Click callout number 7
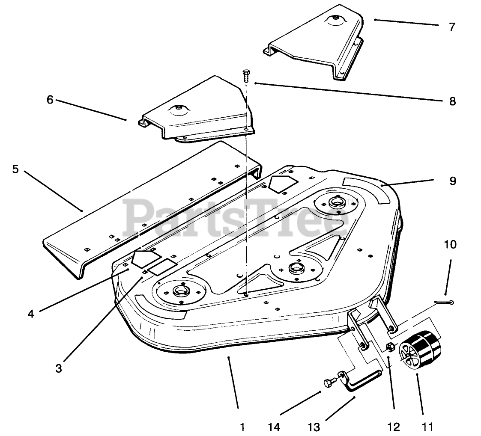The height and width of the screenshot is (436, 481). point(452,27)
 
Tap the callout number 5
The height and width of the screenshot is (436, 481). point(16,169)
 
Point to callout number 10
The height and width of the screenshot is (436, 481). point(450,245)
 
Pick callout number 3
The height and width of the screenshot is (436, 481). point(59,368)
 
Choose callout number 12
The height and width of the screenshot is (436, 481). point(393,427)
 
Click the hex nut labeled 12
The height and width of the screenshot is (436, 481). point(391,347)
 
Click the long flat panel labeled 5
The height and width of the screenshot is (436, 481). point(150,205)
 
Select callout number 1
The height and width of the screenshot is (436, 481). point(242,427)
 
